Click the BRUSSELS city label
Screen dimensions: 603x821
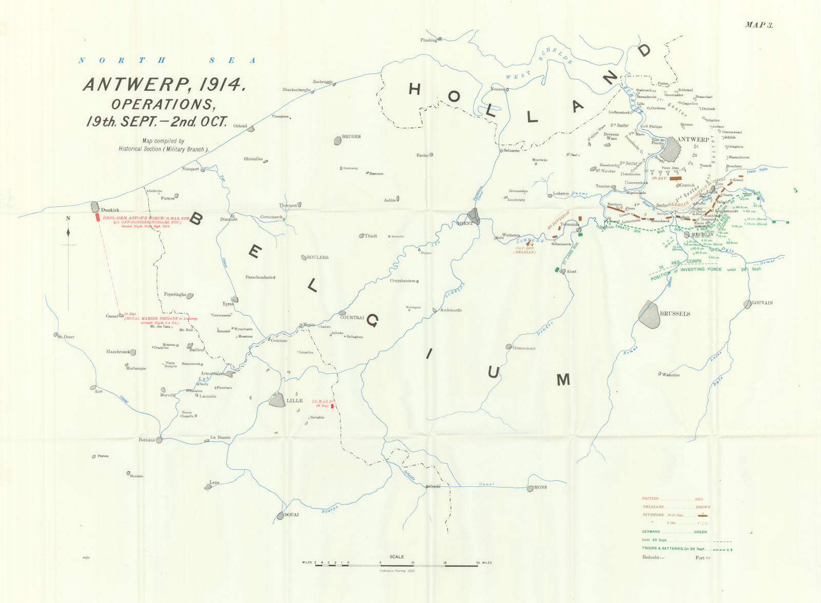coord(675,314)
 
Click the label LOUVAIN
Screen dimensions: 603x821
coord(762,303)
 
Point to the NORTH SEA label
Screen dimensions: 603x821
coord(167,61)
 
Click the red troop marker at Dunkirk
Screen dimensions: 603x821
coord(97,217)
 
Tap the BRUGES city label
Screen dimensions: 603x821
coord(351,137)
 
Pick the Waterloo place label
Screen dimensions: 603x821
coord(671,375)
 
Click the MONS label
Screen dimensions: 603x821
coord(540,488)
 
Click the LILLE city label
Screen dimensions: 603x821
coord(295,401)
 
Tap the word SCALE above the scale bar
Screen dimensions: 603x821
coord(397,556)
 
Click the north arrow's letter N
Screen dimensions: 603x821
coord(68,219)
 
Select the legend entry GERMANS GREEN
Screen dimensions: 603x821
coord(674,532)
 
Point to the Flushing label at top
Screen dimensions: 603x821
coord(428,40)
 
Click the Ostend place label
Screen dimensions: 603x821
coord(240,126)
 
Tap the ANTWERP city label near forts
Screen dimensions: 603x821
coord(693,140)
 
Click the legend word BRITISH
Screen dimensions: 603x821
coord(650,499)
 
